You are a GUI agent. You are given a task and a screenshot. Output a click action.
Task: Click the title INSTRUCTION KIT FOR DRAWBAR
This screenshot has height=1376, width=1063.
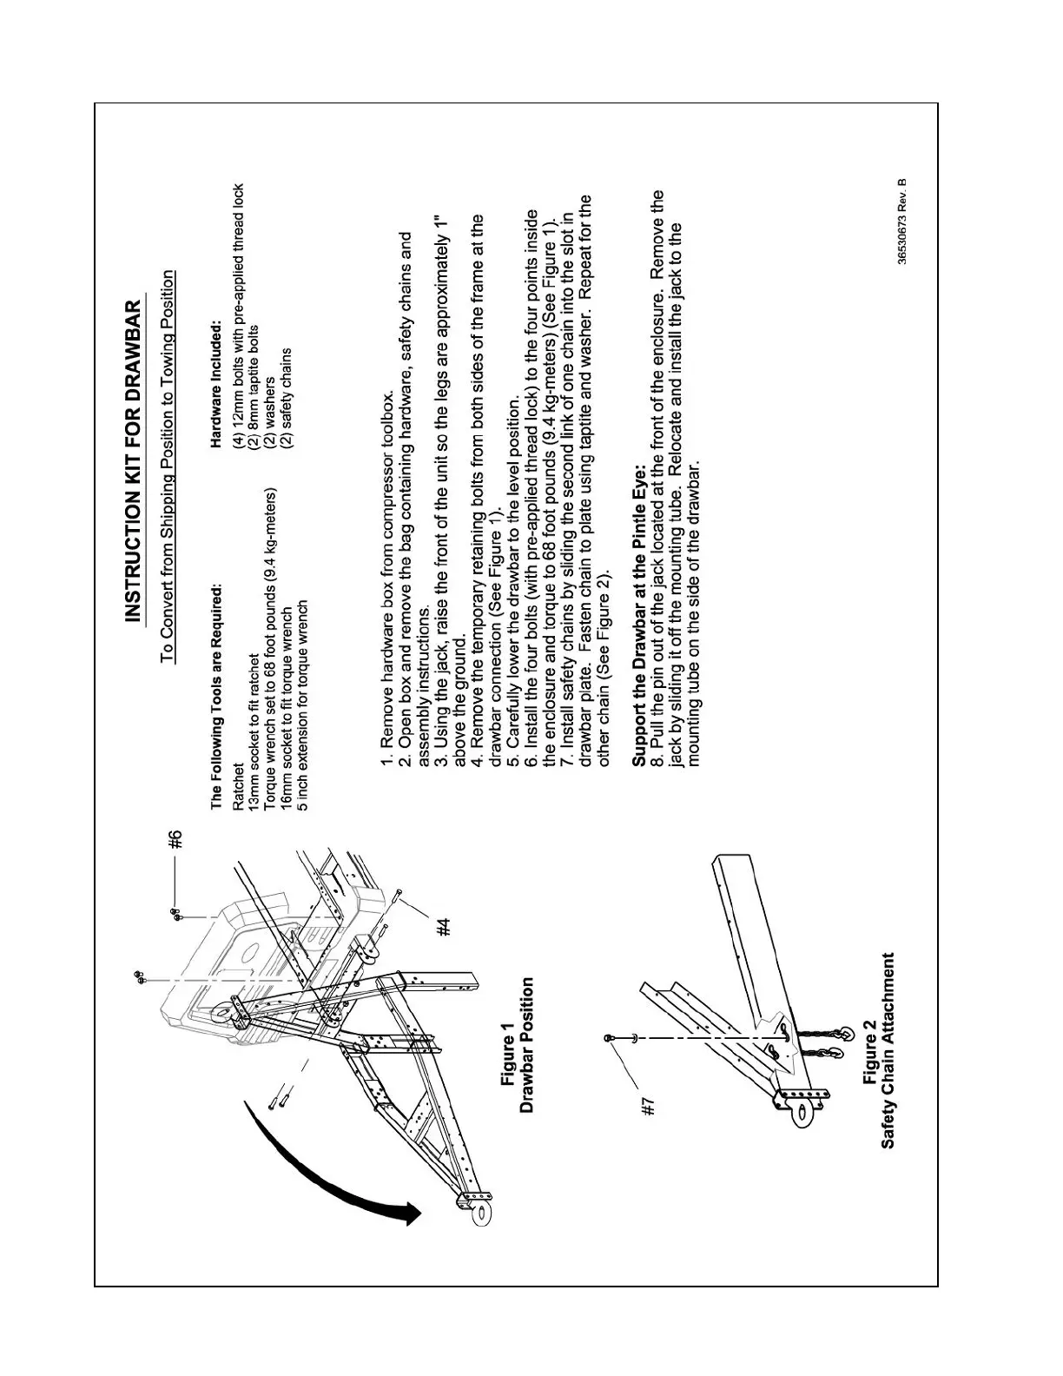pos(134,460)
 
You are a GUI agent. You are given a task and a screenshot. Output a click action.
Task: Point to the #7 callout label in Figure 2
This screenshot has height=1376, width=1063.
pos(647,1106)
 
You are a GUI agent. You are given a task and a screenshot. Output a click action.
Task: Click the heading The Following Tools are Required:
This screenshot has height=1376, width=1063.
pos(216,695)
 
